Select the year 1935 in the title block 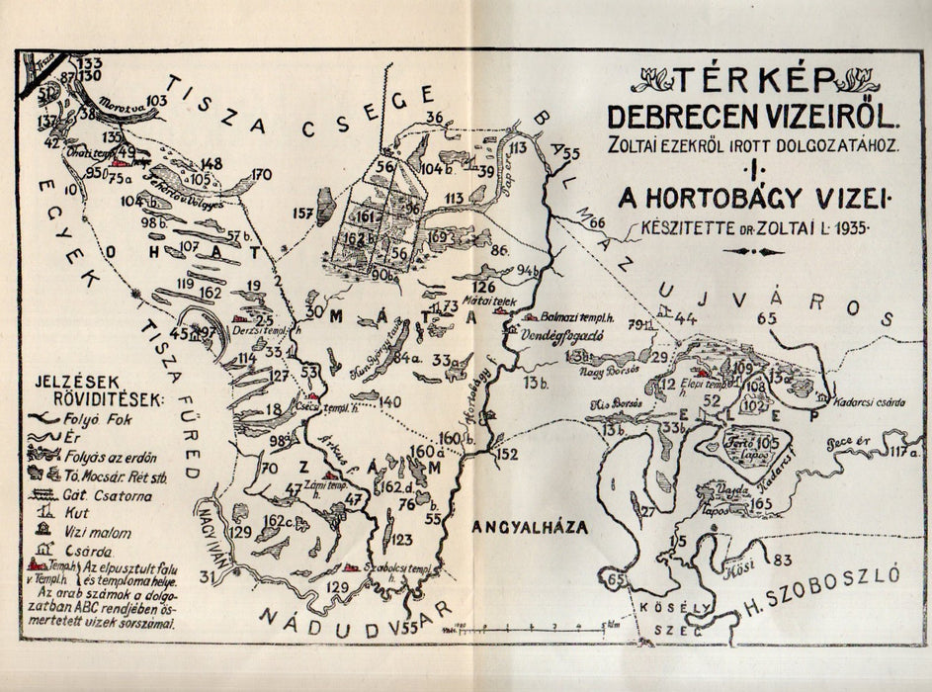coord(846,227)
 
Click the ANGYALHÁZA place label coord(529,528)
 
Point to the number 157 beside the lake coord(304,213)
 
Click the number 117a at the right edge coord(902,453)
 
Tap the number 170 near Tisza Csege coord(262,175)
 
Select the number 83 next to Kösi coord(783,560)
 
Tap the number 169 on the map coord(441,237)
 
